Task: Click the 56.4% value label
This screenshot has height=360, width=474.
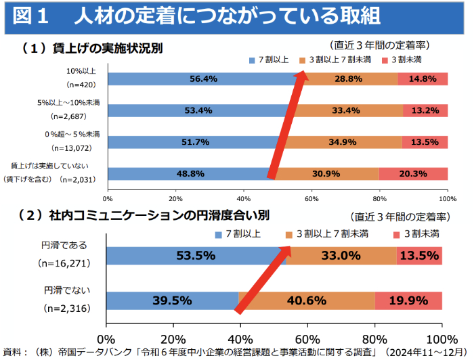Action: coord(203,79)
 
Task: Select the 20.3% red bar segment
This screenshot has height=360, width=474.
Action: coord(413,174)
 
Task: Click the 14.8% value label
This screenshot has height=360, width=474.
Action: coord(423,79)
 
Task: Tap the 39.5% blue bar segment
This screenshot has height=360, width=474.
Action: coord(173,300)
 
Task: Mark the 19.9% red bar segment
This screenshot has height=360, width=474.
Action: coord(408,300)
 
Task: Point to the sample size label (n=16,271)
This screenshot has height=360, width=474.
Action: coord(66,263)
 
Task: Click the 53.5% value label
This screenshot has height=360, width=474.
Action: coord(195,256)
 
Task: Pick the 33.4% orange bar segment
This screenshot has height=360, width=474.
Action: coord(349,110)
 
